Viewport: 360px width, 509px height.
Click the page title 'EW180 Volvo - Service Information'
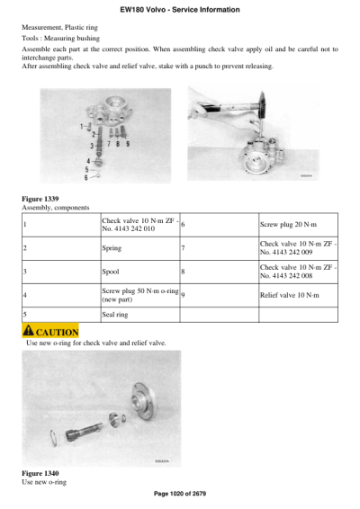point(179,9)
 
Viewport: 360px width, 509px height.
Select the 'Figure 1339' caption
point(40,198)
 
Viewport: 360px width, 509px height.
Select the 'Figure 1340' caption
point(40,473)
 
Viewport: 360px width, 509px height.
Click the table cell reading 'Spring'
point(112,247)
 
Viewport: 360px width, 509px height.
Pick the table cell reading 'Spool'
point(112,271)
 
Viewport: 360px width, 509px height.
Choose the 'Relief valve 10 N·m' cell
point(288,294)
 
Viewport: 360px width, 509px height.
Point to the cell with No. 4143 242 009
point(298,247)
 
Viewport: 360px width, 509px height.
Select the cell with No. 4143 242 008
point(298,271)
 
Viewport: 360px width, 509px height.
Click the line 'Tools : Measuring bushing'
point(59,39)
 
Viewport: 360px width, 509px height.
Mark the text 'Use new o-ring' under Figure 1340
point(44,482)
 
